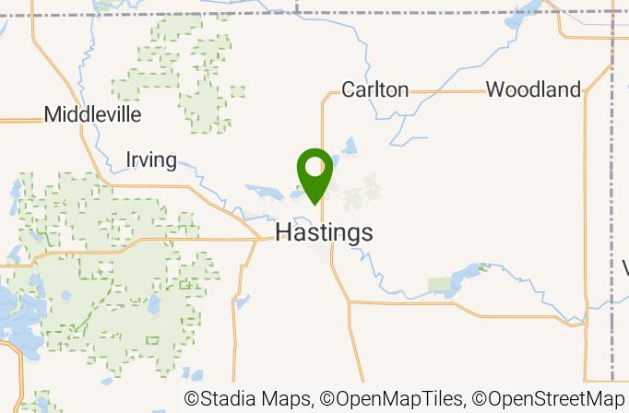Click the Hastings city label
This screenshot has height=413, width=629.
(x=324, y=232)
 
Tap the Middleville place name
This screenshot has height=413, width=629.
(x=93, y=115)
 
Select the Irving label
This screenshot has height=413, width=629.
(x=151, y=160)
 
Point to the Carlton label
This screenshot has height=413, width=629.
(x=374, y=89)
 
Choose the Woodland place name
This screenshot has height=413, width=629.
(x=533, y=89)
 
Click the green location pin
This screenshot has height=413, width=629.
(x=315, y=175)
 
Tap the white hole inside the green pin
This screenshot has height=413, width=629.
(x=315, y=167)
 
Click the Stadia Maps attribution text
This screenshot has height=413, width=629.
(x=249, y=399)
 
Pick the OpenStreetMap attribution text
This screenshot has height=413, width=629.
(x=550, y=399)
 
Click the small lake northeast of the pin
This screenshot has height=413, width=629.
(x=350, y=147)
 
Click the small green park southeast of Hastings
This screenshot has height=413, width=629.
(x=444, y=283)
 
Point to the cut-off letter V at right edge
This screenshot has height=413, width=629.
(x=624, y=268)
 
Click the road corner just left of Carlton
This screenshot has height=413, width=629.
(x=323, y=93)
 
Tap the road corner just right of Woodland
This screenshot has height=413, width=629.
(x=587, y=92)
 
